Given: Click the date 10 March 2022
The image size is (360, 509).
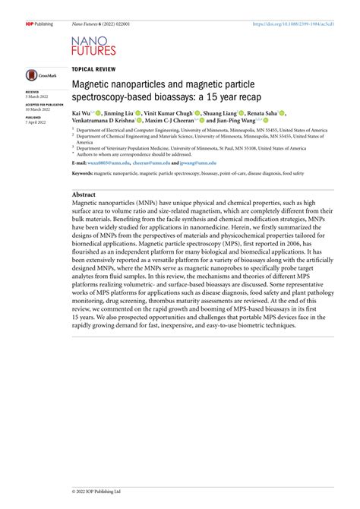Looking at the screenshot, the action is click(x=39, y=110).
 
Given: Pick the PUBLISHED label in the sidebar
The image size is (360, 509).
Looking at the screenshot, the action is click(x=34, y=118).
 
